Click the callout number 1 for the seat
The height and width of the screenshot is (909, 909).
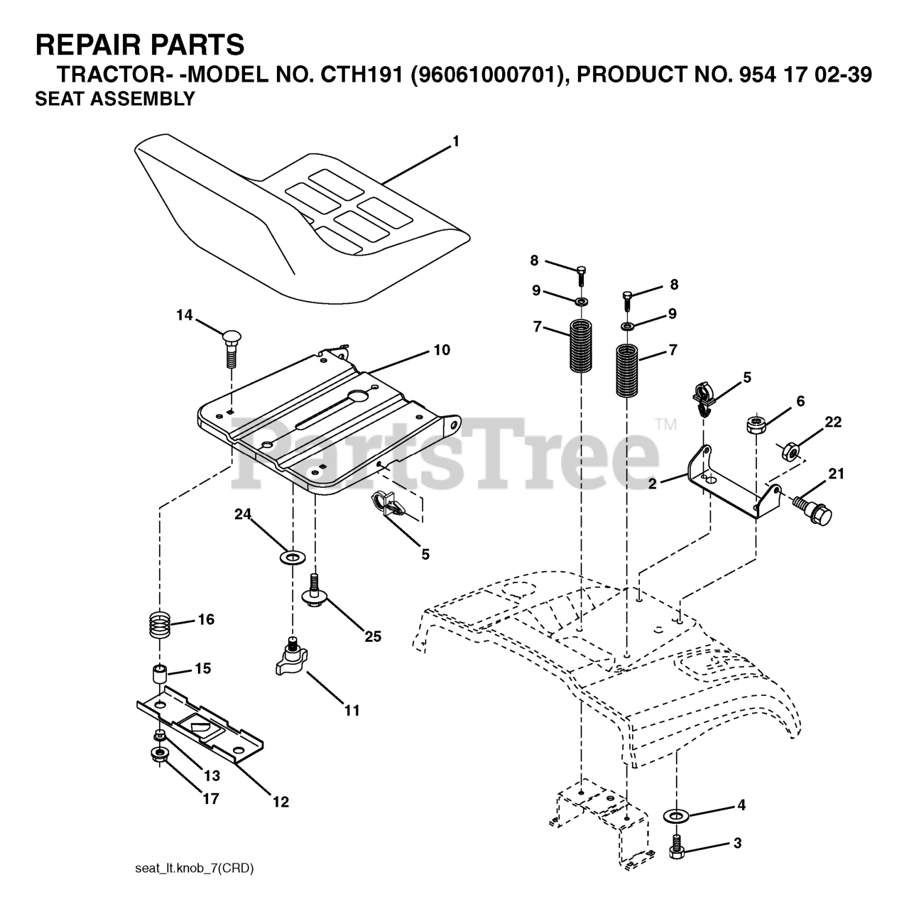(456, 141)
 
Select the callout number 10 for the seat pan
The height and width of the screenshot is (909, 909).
(442, 350)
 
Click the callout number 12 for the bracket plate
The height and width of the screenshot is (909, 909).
(281, 802)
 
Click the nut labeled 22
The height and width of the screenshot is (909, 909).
(789, 450)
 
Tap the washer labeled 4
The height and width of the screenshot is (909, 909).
(674, 813)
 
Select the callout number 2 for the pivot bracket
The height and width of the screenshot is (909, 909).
(651, 483)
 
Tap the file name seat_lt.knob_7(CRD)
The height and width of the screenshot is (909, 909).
(194, 868)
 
